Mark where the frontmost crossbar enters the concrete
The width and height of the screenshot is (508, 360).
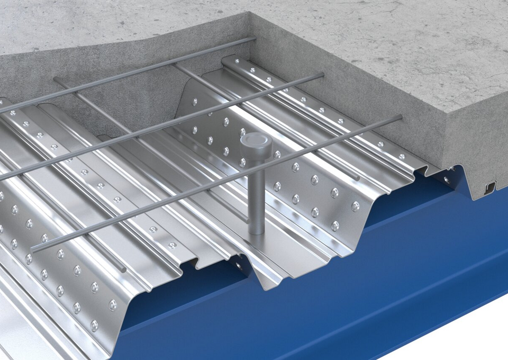pyautogui.click(x=400, y=118)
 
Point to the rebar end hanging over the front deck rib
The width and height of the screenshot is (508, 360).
pyautogui.click(x=124, y=270)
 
